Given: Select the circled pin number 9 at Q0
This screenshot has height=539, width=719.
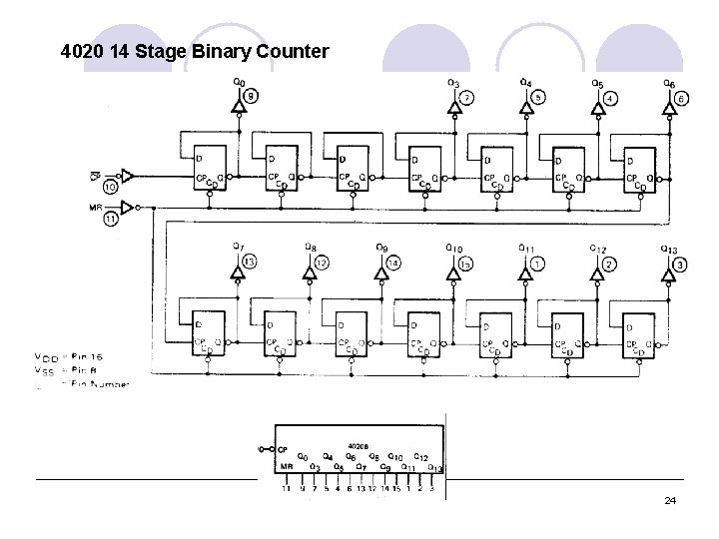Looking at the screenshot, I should [251, 97].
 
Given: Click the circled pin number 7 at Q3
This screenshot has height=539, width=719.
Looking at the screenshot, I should [466, 98].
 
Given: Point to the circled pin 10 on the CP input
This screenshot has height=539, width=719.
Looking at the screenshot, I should [111, 186].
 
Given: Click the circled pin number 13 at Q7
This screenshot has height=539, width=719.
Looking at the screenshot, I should [250, 262].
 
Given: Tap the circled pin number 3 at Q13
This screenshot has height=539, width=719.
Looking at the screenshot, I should [680, 265].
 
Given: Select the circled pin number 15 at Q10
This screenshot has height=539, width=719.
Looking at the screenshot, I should [465, 264].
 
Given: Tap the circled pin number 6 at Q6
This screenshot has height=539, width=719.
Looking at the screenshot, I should [681, 98].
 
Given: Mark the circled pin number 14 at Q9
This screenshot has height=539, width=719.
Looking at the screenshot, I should [393, 263].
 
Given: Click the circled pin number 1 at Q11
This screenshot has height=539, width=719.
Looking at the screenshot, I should [537, 264].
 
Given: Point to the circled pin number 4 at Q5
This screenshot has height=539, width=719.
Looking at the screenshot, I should [610, 98].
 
